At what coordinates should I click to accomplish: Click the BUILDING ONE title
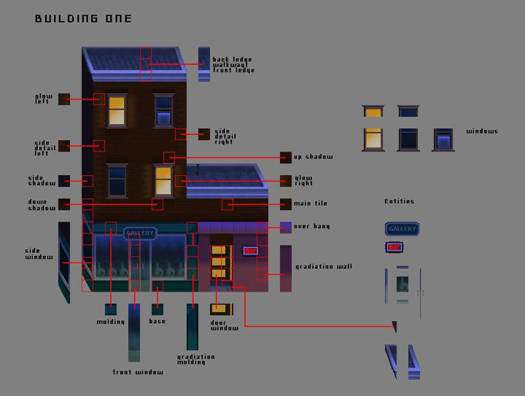coord(84,18)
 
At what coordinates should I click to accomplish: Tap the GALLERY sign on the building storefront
coord(140,233)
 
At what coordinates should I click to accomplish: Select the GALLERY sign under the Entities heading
coord(402,229)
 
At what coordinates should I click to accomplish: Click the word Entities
coord(399,201)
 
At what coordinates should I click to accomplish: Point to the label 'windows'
coord(482,131)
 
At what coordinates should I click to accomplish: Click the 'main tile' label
coord(310,203)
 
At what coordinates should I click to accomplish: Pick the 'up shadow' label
coord(313,157)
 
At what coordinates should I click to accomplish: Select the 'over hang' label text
coord(311,227)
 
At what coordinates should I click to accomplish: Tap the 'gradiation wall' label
coord(324,266)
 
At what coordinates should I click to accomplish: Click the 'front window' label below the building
coord(138,372)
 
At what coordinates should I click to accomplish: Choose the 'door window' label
coord(224,325)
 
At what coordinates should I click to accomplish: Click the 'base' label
coord(157,321)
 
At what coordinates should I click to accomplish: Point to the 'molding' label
coord(111,321)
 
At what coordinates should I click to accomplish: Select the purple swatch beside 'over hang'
coord(285,227)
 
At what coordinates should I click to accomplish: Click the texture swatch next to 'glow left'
coord(64,98)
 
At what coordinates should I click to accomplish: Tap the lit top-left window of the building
coord(117,111)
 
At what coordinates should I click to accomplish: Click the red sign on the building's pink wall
coord(250,251)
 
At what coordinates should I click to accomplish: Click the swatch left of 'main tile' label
coord(285,203)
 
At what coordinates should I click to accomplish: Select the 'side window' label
coord(39,253)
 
